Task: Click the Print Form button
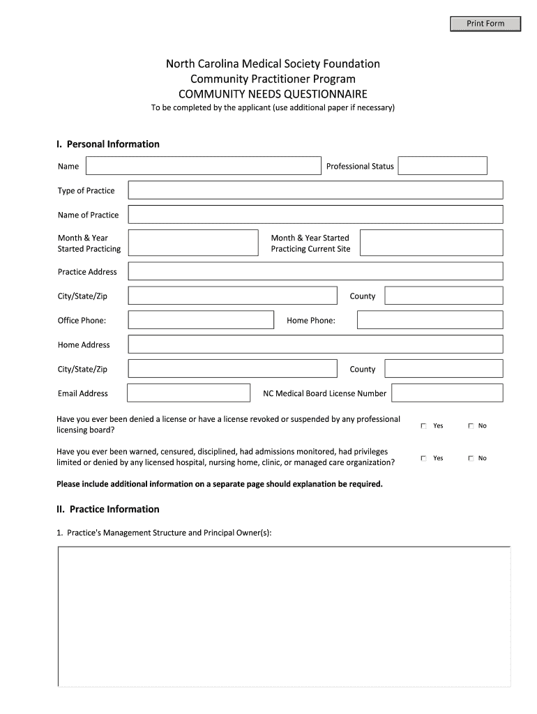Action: point(485,24)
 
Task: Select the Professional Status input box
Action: point(442,166)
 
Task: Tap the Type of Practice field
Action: point(315,190)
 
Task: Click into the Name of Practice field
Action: point(315,214)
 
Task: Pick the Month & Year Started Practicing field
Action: point(193,243)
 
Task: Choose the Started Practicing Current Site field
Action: point(431,243)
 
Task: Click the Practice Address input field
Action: point(315,271)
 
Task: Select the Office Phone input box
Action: point(201,320)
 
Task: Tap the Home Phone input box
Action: point(430,320)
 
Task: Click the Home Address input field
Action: point(315,344)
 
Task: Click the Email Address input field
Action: point(188,393)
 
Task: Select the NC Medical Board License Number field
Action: point(447,393)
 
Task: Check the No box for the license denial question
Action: point(471,426)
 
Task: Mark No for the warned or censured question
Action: point(471,458)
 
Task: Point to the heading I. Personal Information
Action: point(108,144)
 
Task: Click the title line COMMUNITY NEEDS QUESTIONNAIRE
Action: point(273,94)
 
